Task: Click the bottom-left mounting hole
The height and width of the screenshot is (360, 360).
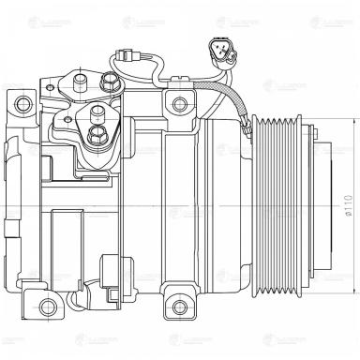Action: tap(46, 304)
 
